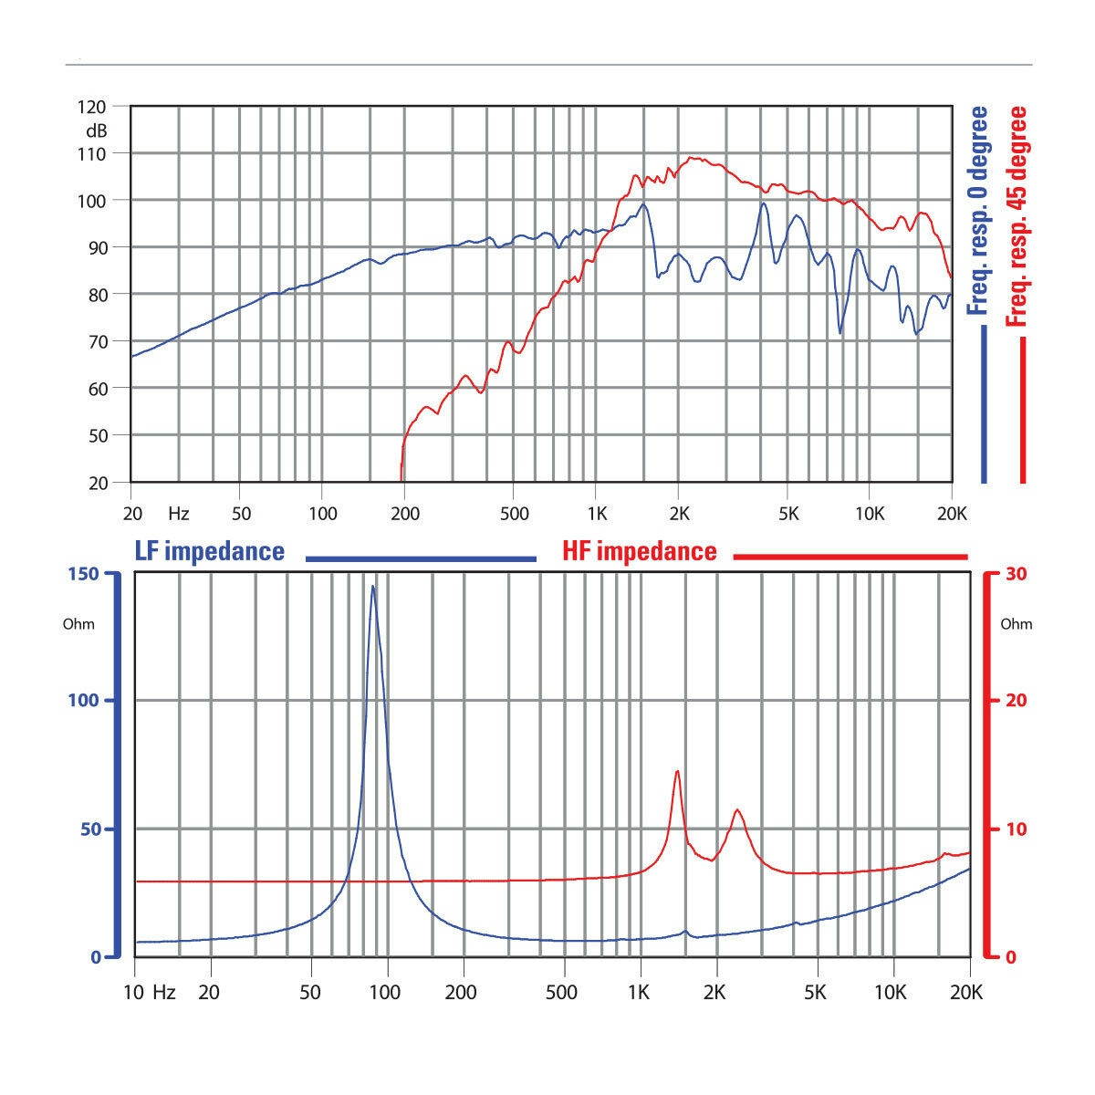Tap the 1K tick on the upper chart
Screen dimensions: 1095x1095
(x=596, y=514)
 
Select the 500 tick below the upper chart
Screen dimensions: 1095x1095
(x=515, y=514)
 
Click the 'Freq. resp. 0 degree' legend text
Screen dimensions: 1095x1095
(x=977, y=211)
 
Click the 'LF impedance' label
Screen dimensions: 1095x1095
(x=210, y=551)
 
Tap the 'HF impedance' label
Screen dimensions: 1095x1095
(x=639, y=551)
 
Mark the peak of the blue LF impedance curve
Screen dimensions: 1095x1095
(x=372, y=587)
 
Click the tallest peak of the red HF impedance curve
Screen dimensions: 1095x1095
(x=677, y=772)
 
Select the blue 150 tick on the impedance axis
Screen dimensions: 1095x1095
(x=85, y=574)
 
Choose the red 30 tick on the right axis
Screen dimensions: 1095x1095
(x=1015, y=574)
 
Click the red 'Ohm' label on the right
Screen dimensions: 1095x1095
(x=1017, y=624)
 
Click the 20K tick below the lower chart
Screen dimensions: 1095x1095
(x=967, y=992)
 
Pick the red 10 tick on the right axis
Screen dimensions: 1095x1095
(x=1015, y=829)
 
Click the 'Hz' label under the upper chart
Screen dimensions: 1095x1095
(x=179, y=514)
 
